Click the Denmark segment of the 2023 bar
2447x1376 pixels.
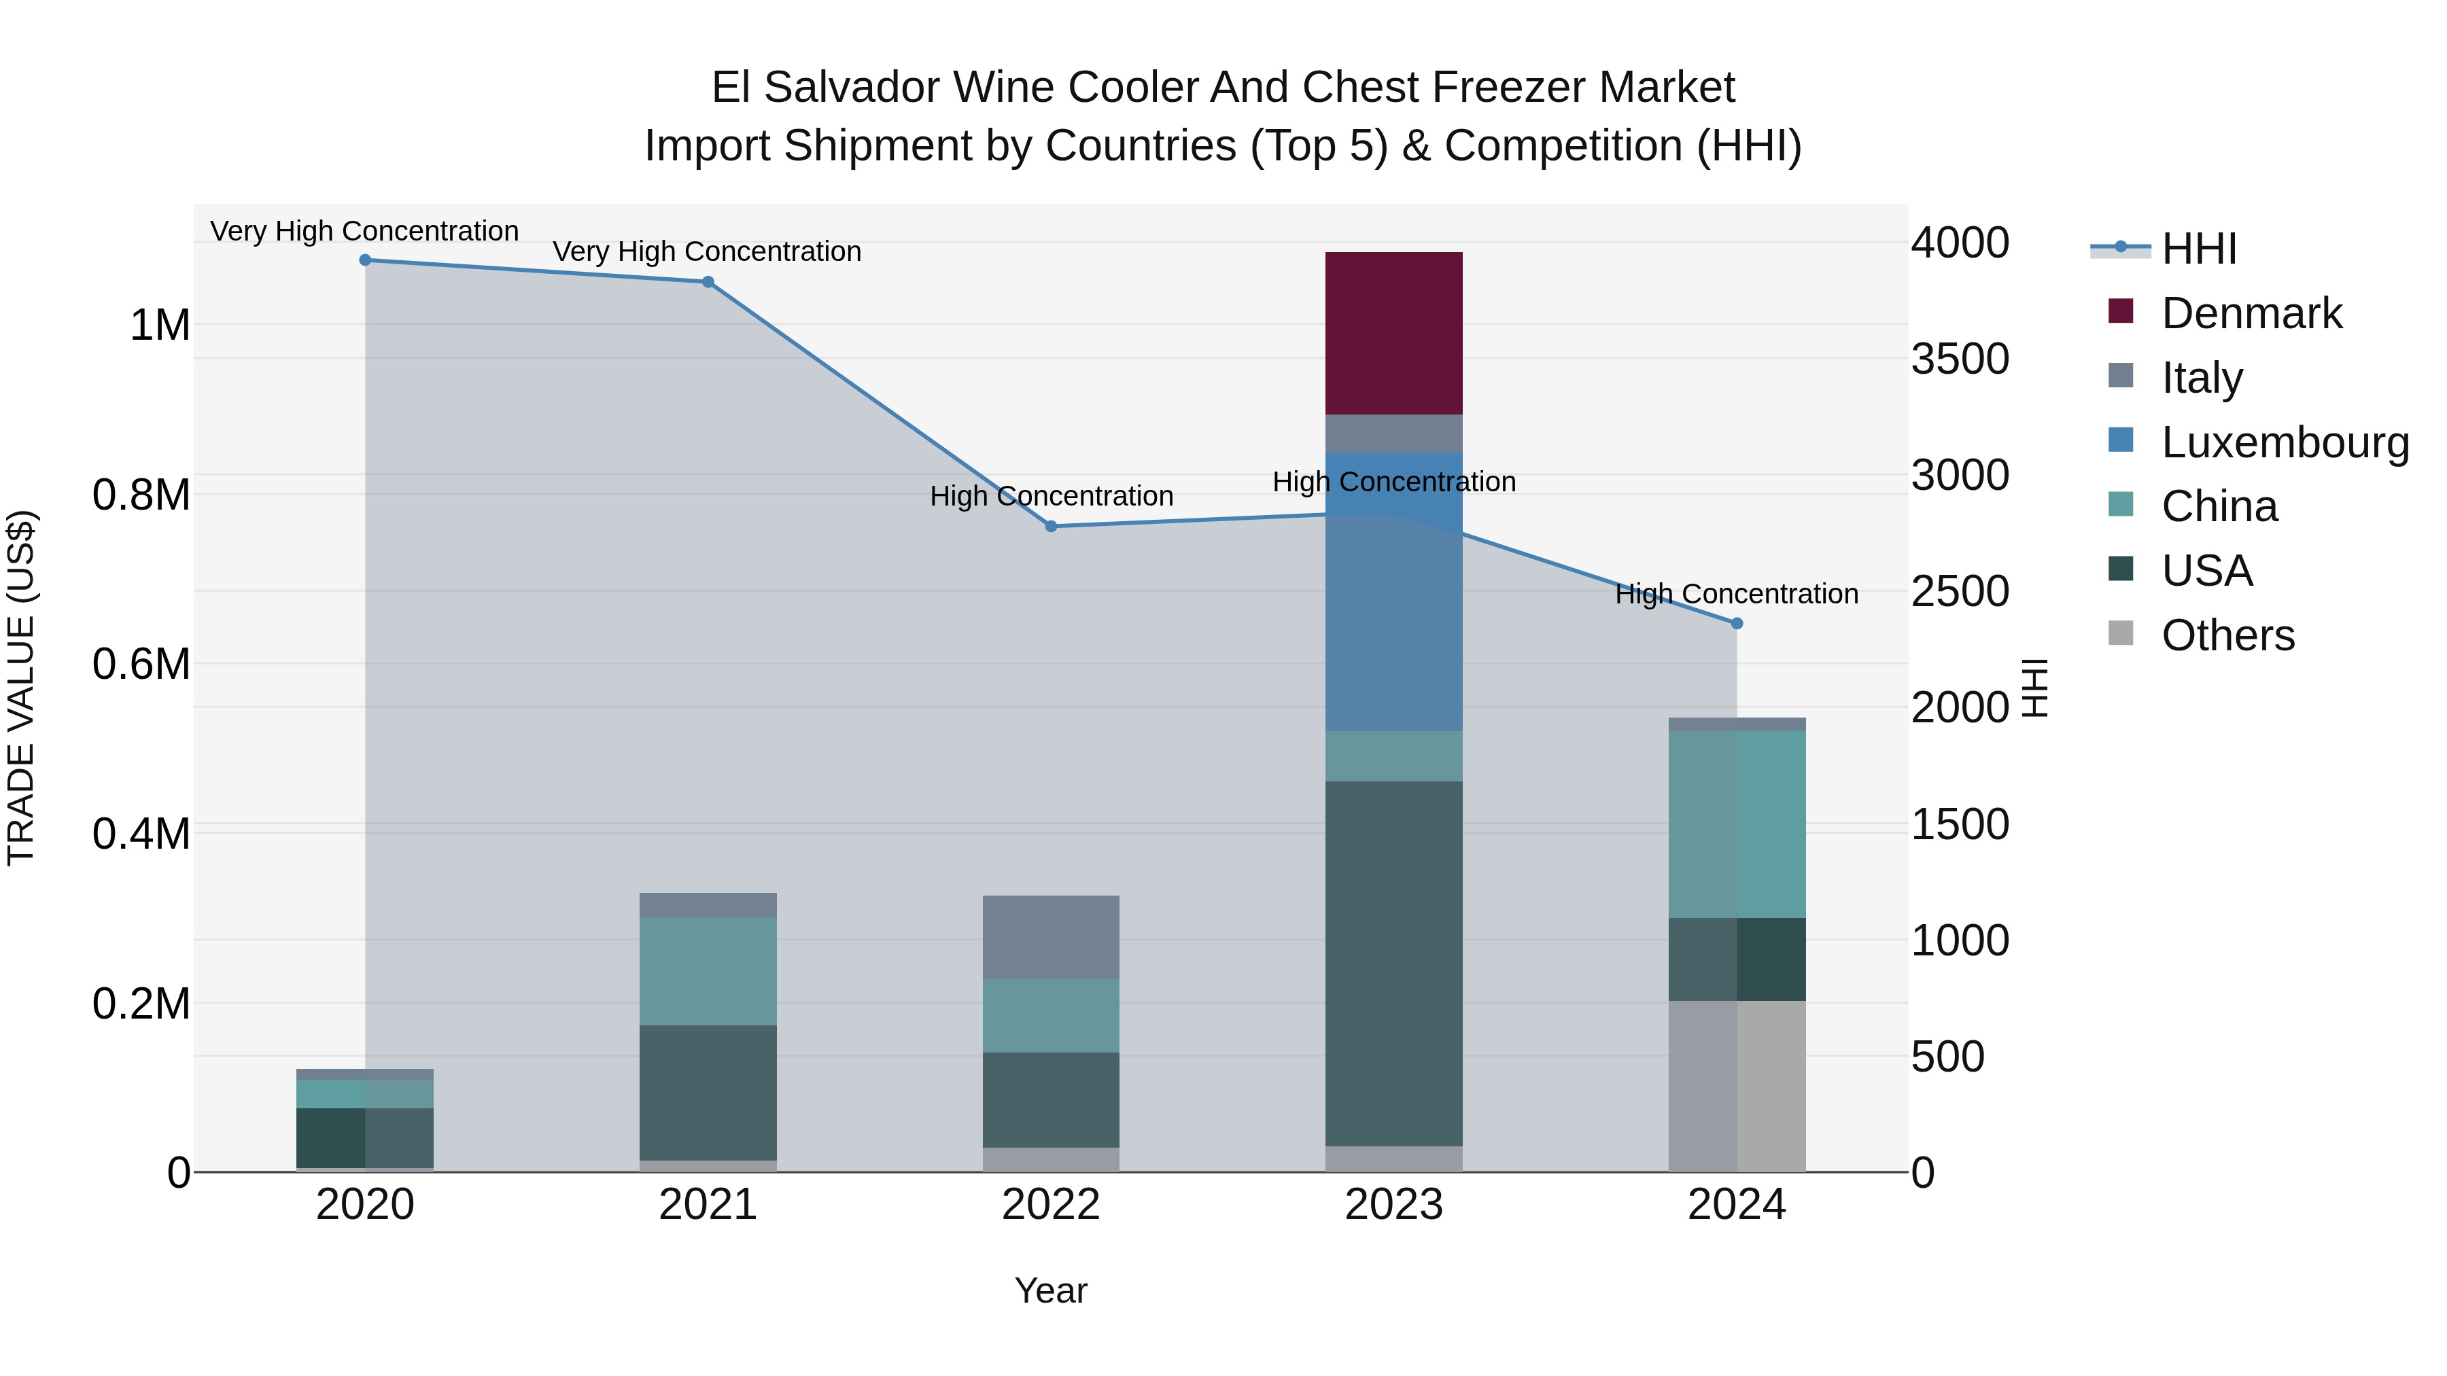coord(1393,332)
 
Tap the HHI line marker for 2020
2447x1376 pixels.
coord(365,260)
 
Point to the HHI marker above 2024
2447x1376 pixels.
coord(1737,623)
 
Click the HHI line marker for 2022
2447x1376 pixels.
coord(1051,526)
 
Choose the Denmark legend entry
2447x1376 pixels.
coord(2251,313)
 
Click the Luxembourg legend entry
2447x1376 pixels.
coord(2285,442)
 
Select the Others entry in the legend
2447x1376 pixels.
coord(2227,635)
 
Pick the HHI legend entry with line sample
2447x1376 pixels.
coord(2198,249)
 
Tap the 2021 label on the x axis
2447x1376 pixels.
coord(708,1205)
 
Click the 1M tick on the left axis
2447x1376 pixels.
coord(160,325)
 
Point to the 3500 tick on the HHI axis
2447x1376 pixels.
coord(1960,359)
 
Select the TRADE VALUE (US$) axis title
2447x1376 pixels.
coord(22,688)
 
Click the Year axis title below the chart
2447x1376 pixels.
coord(1051,1290)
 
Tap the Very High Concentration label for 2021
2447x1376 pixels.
coord(707,251)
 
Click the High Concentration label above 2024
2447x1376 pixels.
coord(1737,595)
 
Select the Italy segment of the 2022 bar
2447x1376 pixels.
coord(1051,936)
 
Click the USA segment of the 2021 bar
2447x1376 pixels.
coord(708,1092)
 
